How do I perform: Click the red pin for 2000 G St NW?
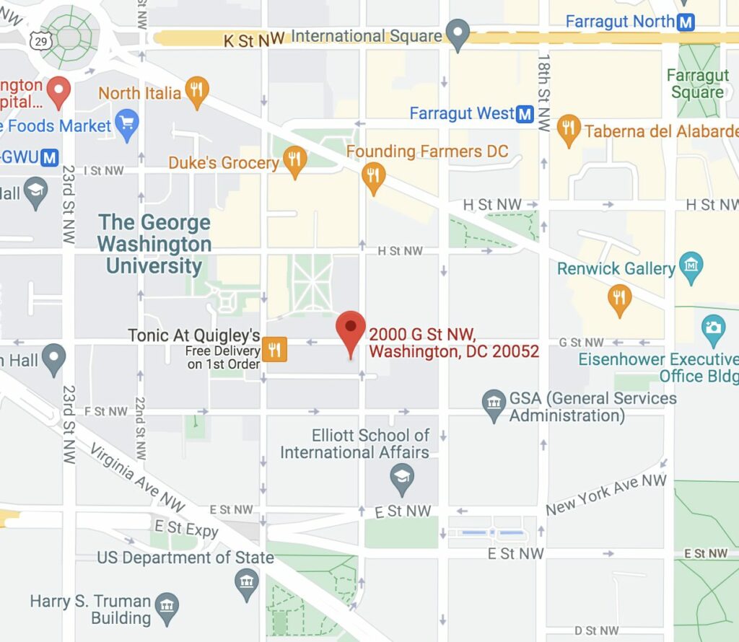click(351, 330)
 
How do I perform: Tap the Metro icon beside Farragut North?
click(686, 22)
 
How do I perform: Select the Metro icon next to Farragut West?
click(525, 113)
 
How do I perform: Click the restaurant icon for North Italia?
click(196, 91)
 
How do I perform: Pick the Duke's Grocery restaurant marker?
click(294, 160)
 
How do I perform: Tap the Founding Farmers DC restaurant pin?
click(372, 175)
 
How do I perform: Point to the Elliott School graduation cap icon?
click(401, 475)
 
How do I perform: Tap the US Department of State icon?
click(247, 580)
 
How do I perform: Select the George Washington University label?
click(154, 244)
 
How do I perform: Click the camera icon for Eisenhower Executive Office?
click(713, 328)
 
